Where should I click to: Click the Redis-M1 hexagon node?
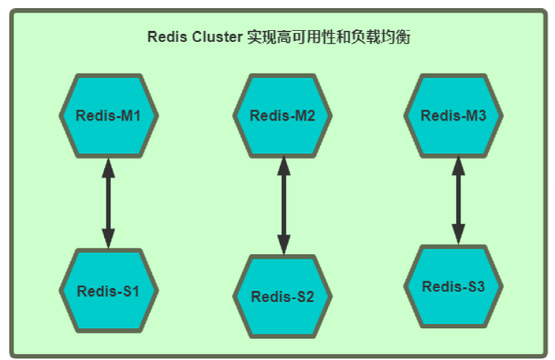[x=109, y=116]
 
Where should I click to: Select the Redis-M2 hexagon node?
[x=283, y=116]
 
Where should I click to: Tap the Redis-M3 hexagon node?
[x=453, y=116]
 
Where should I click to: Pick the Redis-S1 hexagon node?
[x=109, y=290]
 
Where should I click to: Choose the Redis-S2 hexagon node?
[x=283, y=297]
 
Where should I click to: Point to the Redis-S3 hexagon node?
[x=453, y=287]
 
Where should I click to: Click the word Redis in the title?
[x=165, y=37]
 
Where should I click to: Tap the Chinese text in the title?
[x=327, y=37]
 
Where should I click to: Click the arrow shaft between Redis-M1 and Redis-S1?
[x=109, y=203]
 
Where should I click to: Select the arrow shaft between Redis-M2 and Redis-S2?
[x=283, y=206]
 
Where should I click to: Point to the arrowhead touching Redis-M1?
[x=109, y=168]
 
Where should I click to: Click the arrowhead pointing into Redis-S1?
[x=109, y=238]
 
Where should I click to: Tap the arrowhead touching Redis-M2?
[x=283, y=168]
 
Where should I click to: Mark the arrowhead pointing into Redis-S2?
[x=283, y=245]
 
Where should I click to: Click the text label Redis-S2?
[x=283, y=298]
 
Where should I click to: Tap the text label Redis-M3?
[x=453, y=116]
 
